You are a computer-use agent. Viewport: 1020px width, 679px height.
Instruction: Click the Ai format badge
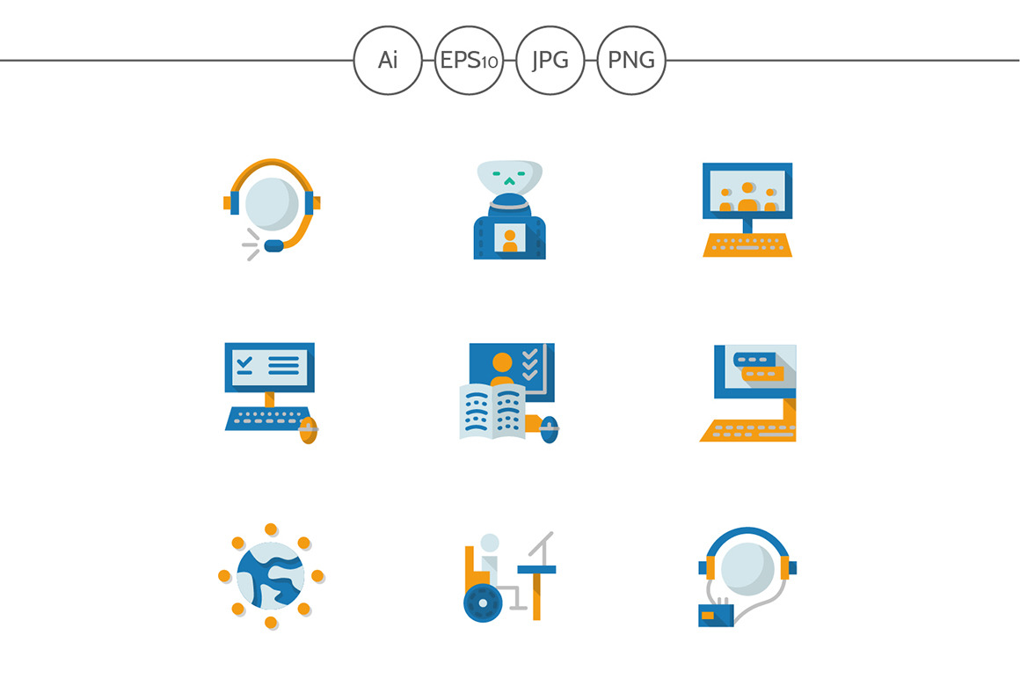[x=388, y=60]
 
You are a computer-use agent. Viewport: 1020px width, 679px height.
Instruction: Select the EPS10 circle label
[x=469, y=60]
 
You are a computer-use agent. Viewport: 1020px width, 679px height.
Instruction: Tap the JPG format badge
[x=550, y=60]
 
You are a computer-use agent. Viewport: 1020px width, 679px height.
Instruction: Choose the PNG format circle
[x=631, y=60]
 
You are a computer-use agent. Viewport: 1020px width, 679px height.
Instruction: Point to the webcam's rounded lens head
[x=510, y=178]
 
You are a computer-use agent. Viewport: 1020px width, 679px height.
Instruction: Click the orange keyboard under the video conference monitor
[x=747, y=245]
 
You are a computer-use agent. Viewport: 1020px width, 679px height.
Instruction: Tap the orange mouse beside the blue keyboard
[x=308, y=430]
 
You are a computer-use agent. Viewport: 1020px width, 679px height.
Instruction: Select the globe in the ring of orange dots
[x=271, y=576]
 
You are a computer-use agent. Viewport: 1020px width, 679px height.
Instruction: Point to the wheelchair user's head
[x=490, y=543]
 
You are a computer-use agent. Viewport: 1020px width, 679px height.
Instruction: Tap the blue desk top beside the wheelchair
[x=536, y=570]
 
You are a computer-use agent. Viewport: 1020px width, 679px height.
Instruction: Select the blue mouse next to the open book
[x=550, y=429]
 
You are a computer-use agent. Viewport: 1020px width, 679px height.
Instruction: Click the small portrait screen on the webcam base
[x=510, y=238]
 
